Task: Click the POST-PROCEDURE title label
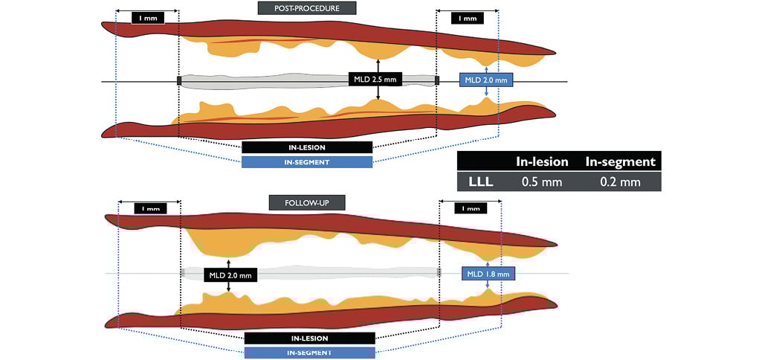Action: coord(307,8)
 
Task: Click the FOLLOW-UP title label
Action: coord(307,202)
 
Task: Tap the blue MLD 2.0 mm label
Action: coord(485,80)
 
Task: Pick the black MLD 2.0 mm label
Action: coord(230,275)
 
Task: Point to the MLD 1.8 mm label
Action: coord(487,274)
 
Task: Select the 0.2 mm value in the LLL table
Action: coord(619,181)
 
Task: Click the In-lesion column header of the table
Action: coord(542,161)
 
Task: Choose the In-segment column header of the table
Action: coord(620,161)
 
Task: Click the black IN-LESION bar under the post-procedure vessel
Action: coord(306,147)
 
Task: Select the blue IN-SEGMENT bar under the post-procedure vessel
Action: coord(306,161)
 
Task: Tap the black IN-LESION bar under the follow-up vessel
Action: coord(309,338)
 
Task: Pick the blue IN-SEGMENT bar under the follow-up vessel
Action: coord(309,353)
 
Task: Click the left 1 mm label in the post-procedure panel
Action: coord(147,17)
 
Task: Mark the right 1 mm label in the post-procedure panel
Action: coord(466,18)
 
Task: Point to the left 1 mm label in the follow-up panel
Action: coord(151,209)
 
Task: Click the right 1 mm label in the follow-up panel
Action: coord(470,209)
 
